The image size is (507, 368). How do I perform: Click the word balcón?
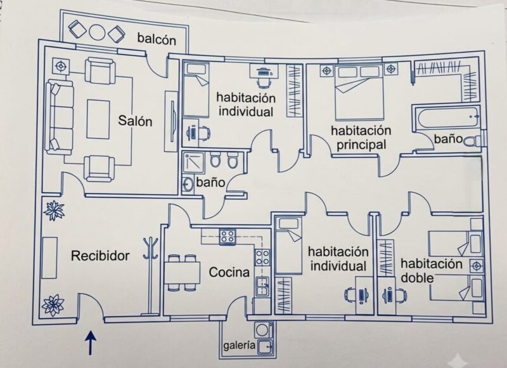(x=157, y=39)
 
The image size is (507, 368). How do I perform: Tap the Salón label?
(x=135, y=121)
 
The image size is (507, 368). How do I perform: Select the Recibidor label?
(x=100, y=256)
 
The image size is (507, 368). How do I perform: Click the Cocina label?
(x=229, y=272)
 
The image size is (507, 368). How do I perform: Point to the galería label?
(x=240, y=346)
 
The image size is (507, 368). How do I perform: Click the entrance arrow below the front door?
(x=91, y=343)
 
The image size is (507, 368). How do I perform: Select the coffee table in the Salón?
(x=98, y=119)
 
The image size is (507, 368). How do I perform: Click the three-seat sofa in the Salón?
(x=59, y=117)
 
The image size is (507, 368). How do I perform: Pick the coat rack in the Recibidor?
(x=150, y=275)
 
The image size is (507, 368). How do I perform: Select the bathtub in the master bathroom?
(x=447, y=118)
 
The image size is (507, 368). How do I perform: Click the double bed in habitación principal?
(x=359, y=93)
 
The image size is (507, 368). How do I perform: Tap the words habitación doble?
(x=431, y=270)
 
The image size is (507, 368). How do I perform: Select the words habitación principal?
(x=361, y=138)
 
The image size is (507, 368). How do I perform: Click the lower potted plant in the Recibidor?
(x=53, y=305)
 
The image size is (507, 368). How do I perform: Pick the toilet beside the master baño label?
(x=473, y=140)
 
